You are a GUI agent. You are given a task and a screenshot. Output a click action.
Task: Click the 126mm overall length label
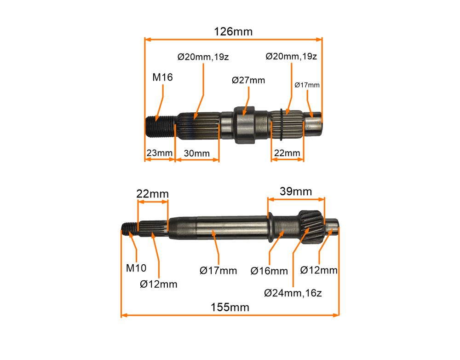click(x=233, y=32)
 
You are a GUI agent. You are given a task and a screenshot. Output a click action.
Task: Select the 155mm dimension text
click(x=230, y=307)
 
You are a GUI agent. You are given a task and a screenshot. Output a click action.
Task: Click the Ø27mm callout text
click(x=248, y=80)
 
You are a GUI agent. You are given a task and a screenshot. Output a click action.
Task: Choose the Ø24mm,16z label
click(x=293, y=293)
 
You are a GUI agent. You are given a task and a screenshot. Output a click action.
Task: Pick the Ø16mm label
click(x=269, y=271)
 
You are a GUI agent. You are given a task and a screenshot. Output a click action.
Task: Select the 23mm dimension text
click(x=159, y=153)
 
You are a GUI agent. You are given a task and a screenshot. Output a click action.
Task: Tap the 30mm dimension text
click(x=196, y=153)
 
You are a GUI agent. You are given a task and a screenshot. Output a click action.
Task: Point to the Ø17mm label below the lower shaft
click(x=218, y=271)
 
